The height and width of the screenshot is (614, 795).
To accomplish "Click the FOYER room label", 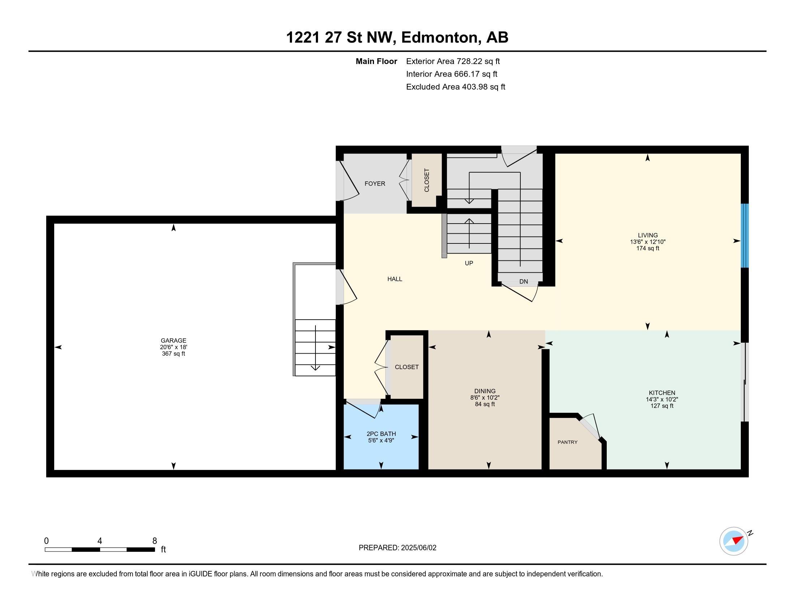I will pyautogui.click(x=375, y=184).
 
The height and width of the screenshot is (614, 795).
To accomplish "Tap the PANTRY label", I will pyautogui.click(x=567, y=442).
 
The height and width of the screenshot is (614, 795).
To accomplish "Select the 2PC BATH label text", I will pyautogui.click(x=381, y=433).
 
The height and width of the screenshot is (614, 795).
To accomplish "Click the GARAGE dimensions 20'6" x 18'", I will pyautogui.click(x=173, y=347).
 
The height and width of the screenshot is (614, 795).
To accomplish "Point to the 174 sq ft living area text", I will pyautogui.click(x=648, y=248).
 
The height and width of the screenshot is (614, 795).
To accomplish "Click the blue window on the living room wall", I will pyautogui.click(x=745, y=236).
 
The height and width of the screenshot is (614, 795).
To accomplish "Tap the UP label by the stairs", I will pyautogui.click(x=468, y=263).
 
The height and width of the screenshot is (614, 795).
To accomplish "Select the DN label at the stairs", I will pyautogui.click(x=523, y=282).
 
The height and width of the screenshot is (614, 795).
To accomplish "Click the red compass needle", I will pyautogui.click(x=738, y=540).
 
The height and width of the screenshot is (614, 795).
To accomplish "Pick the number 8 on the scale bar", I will pyautogui.click(x=154, y=541).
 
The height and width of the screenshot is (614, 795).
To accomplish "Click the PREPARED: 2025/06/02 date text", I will pyautogui.click(x=397, y=548).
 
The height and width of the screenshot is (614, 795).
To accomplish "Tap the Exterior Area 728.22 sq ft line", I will pyautogui.click(x=453, y=61).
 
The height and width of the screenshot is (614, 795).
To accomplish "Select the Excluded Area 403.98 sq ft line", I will pyautogui.click(x=455, y=87).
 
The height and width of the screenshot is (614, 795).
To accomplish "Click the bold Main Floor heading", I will pyautogui.click(x=376, y=61).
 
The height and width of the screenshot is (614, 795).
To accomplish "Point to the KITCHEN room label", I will pyautogui.click(x=662, y=393).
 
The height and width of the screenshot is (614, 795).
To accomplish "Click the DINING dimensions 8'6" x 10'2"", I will pyautogui.click(x=485, y=398).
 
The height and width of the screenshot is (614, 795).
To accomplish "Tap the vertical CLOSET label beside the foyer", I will pyautogui.click(x=427, y=180).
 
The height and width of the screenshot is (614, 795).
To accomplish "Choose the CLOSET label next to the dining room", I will pyautogui.click(x=407, y=367).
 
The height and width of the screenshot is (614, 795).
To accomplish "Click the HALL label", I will pyautogui.click(x=395, y=279).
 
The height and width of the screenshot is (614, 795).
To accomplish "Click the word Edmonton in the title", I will pyautogui.click(x=440, y=38).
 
